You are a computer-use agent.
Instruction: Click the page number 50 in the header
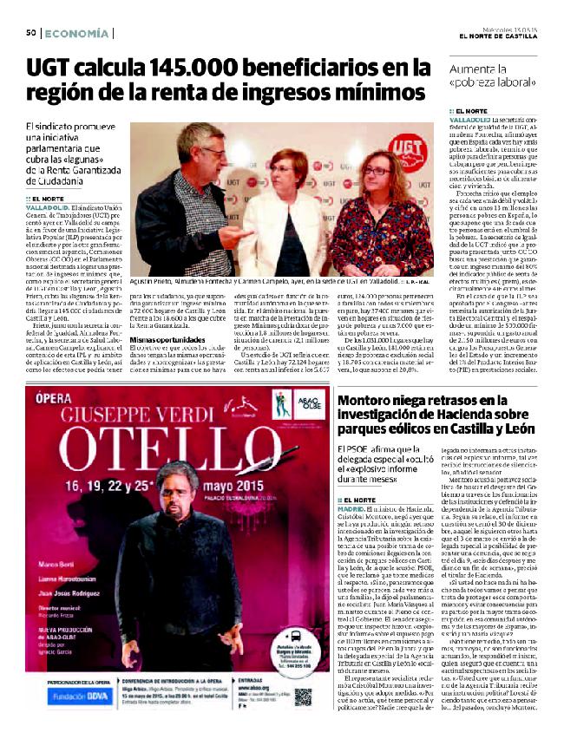tap(30, 33)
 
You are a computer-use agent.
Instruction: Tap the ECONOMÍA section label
tap(76, 33)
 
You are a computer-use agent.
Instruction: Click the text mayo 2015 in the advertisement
tap(207, 481)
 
